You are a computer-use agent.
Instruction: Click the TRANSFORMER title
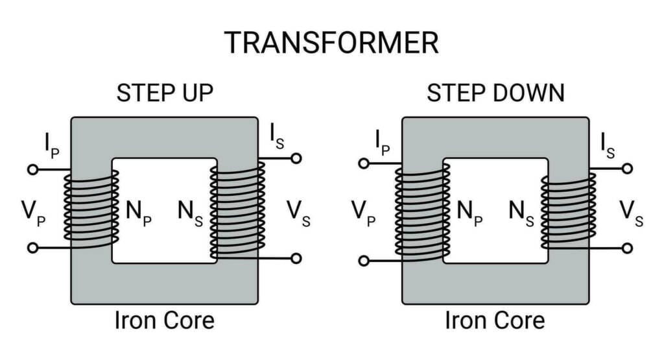click(x=331, y=43)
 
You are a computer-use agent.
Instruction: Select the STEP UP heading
click(x=165, y=93)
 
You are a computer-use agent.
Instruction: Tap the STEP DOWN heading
click(x=495, y=93)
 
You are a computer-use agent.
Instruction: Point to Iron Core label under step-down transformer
click(x=495, y=320)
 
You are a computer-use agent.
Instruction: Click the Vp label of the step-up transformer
click(x=33, y=213)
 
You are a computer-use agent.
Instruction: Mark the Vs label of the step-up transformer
click(x=298, y=213)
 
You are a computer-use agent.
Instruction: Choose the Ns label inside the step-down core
click(x=522, y=213)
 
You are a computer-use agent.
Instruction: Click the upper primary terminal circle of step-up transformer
click(x=32, y=169)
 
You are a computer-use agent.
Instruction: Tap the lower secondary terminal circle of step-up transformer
click(x=296, y=258)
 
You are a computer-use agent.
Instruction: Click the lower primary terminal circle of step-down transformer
click(x=364, y=261)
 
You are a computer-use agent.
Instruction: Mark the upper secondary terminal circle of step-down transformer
click(x=626, y=168)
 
